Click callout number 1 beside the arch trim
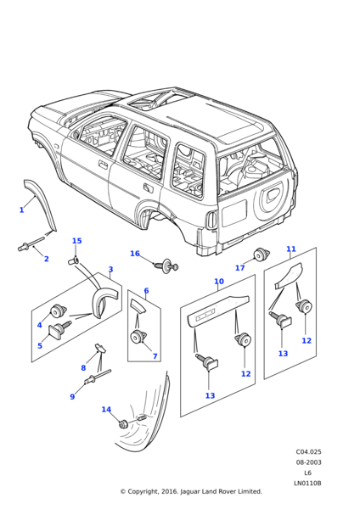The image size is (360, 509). coord(22,210)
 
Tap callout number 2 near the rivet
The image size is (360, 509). coord(46,259)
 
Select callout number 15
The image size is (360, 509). coord(76,241)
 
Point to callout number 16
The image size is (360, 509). coord(135,254)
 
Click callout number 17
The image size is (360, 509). coord(239,268)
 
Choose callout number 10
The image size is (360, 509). coord(219,282)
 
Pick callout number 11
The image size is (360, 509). coord(291,249)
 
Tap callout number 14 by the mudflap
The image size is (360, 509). coord(106,410)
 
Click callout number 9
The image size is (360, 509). coord(72,396)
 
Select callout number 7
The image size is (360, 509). coord(155,356)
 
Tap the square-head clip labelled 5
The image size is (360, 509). coord(58,328)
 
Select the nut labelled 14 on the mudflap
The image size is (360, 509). coord(123,424)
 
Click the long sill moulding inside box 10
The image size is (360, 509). coord(218,309)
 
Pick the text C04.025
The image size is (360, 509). coord(308,452)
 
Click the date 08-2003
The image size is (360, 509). coord(308,462)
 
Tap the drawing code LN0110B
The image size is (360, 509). coord(307,484)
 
